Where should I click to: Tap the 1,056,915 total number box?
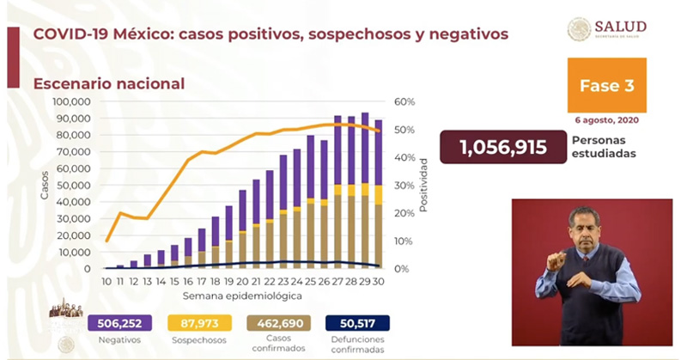[502, 147]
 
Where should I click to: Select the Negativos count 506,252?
[119, 323]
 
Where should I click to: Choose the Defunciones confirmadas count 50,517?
[357, 323]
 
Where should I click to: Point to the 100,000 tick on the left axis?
[71, 101]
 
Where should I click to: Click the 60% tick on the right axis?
[405, 101]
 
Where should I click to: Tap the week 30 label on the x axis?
[379, 282]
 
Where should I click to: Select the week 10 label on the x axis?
[106, 282]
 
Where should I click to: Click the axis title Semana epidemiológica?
[241, 295]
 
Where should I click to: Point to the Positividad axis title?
[423, 185]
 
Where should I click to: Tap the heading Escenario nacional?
[108, 83]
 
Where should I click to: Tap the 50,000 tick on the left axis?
[74, 185]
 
